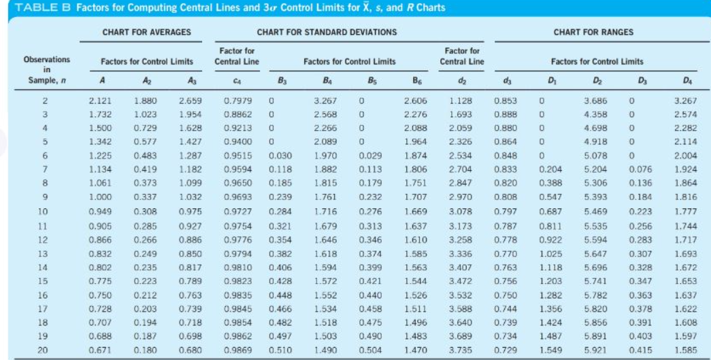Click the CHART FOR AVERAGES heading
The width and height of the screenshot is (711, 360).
(x=146, y=32)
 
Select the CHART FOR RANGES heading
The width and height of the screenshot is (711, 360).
(x=593, y=32)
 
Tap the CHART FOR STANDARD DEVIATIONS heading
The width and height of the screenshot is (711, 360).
(x=327, y=32)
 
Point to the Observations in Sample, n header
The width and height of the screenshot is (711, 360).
(x=46, y=69)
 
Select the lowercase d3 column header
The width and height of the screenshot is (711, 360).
(x=503, y=81)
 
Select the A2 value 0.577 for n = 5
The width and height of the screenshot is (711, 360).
(x=142, y=142)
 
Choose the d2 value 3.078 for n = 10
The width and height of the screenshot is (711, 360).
(x=462, y=211)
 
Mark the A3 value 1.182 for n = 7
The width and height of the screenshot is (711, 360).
(x=188, y=169)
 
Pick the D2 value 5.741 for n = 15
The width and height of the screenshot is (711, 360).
(x=594, y=280)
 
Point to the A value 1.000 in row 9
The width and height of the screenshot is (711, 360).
(x=101, y=197)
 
